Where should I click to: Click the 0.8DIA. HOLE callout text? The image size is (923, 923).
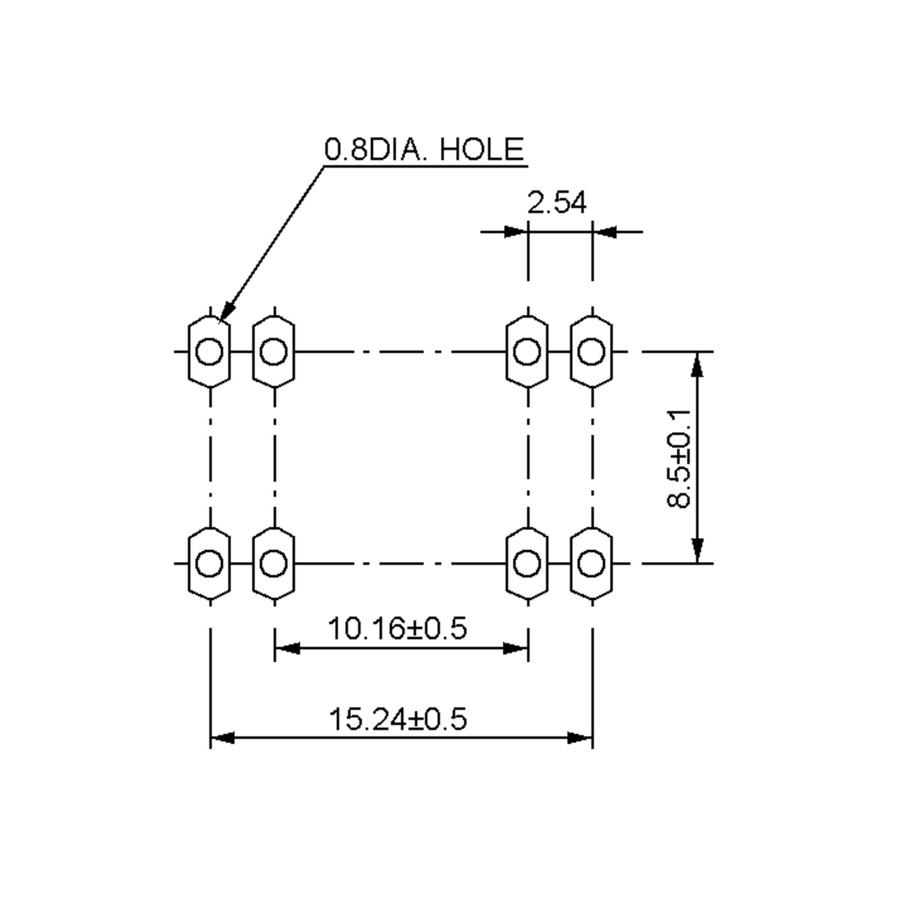(x=424, y=149)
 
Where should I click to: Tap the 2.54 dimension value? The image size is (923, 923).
(x=556, y=203)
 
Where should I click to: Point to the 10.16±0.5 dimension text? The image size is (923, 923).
(x=397, y=628)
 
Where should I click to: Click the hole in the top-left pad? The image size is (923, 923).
(x=209, y=352)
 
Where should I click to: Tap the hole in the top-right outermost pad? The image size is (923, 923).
(x=591, y=352)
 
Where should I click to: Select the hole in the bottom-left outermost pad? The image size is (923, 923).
(x=209, y=563)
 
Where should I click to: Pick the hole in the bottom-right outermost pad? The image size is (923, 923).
(x=591, y=563)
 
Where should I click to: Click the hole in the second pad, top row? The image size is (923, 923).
(x=274, y=352)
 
